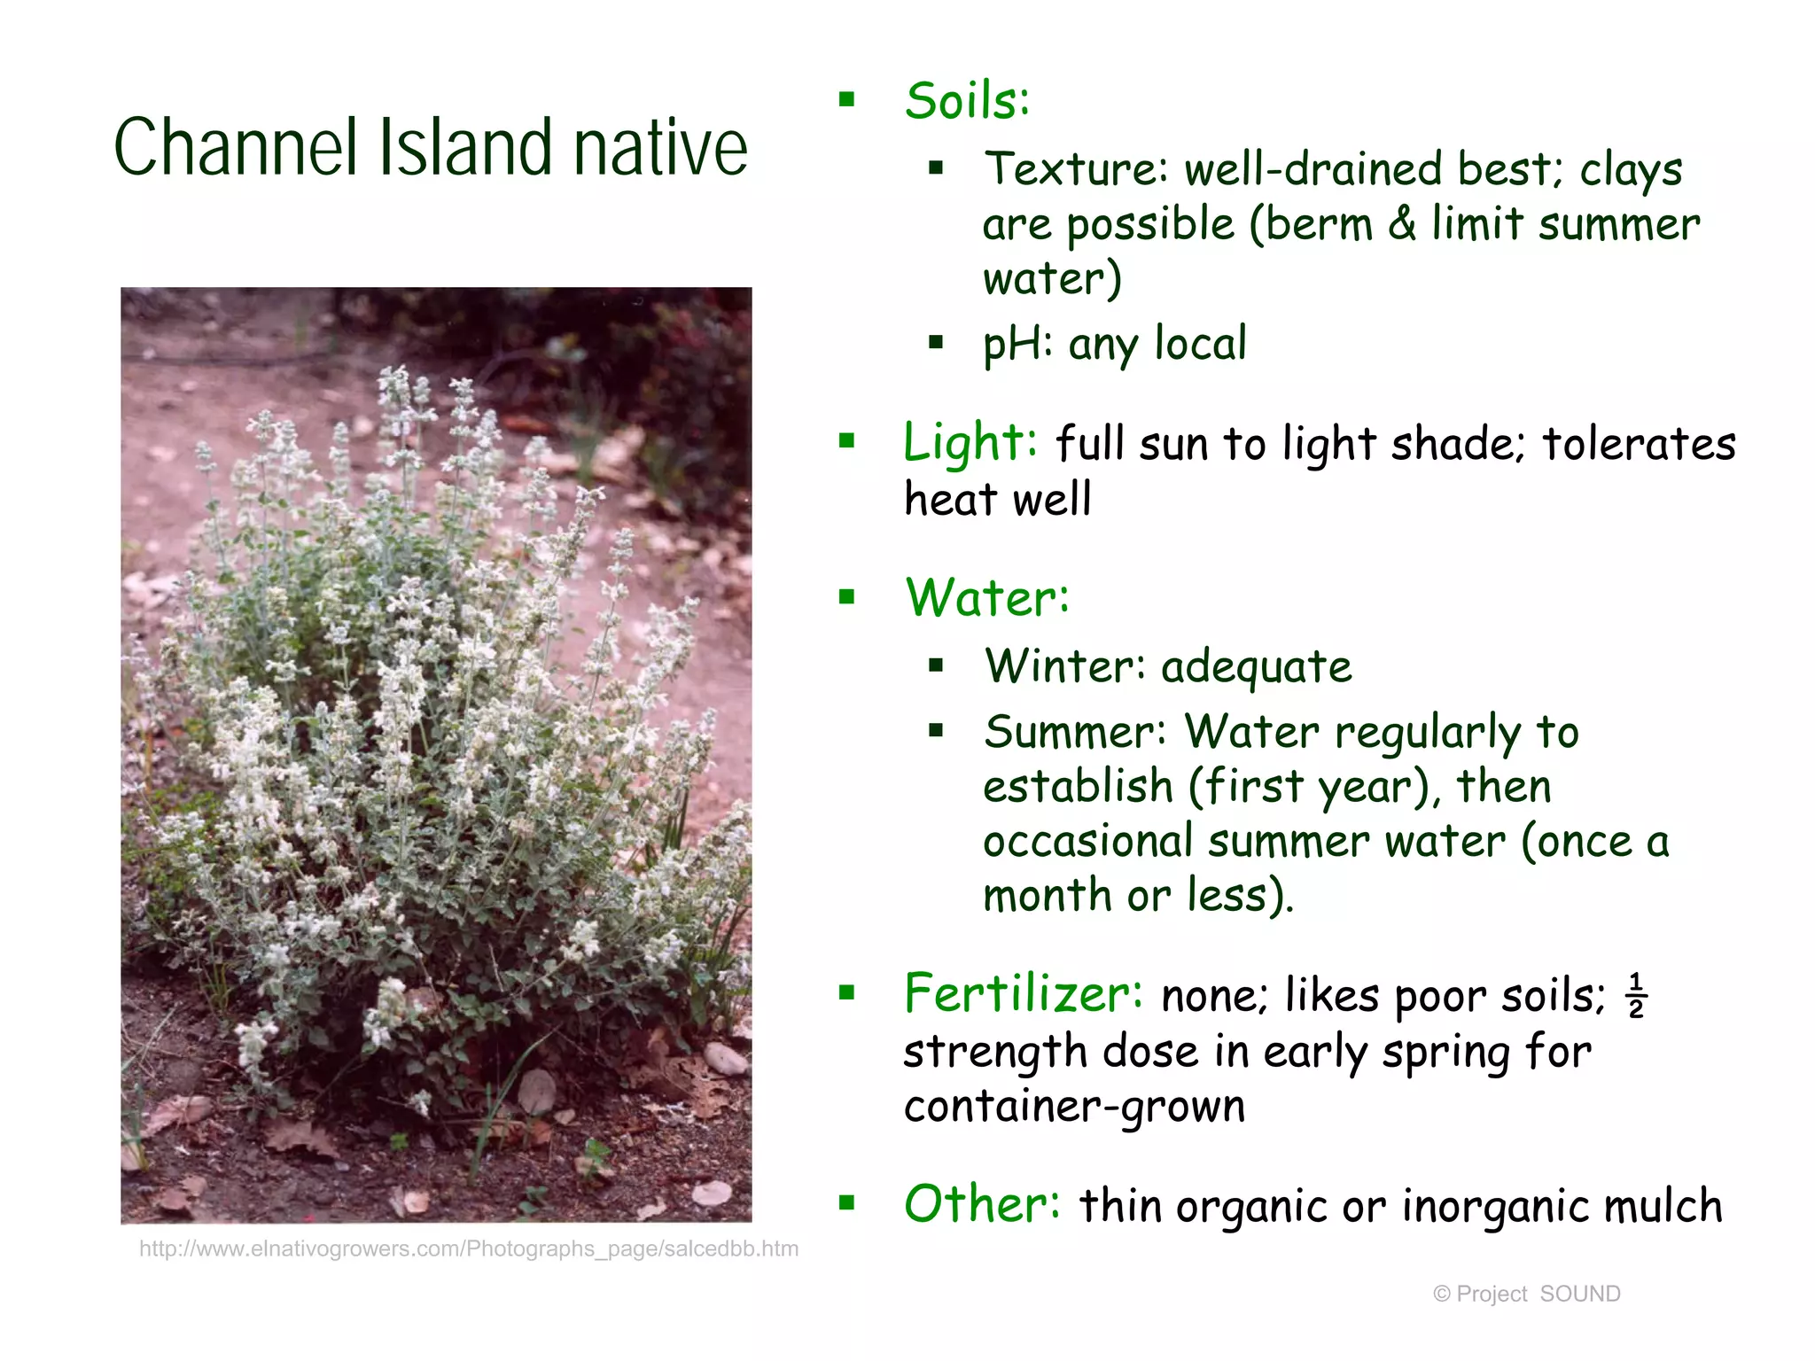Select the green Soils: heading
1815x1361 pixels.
[x=967, y=101]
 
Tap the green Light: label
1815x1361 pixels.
[x=970, y=442]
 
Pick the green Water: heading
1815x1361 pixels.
[x=987, y=598]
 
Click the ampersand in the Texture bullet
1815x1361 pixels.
[x=1402, y=223]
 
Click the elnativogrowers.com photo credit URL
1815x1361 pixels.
[x=469, y=1249]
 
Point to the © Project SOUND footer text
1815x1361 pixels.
[x=1526, y=1294]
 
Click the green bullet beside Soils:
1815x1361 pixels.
[x=847, y=99]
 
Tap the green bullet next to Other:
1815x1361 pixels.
[x=847, y=1203]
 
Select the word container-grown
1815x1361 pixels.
[x=1074, y=1107]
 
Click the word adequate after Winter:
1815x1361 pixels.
[x=1257, y=668]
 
